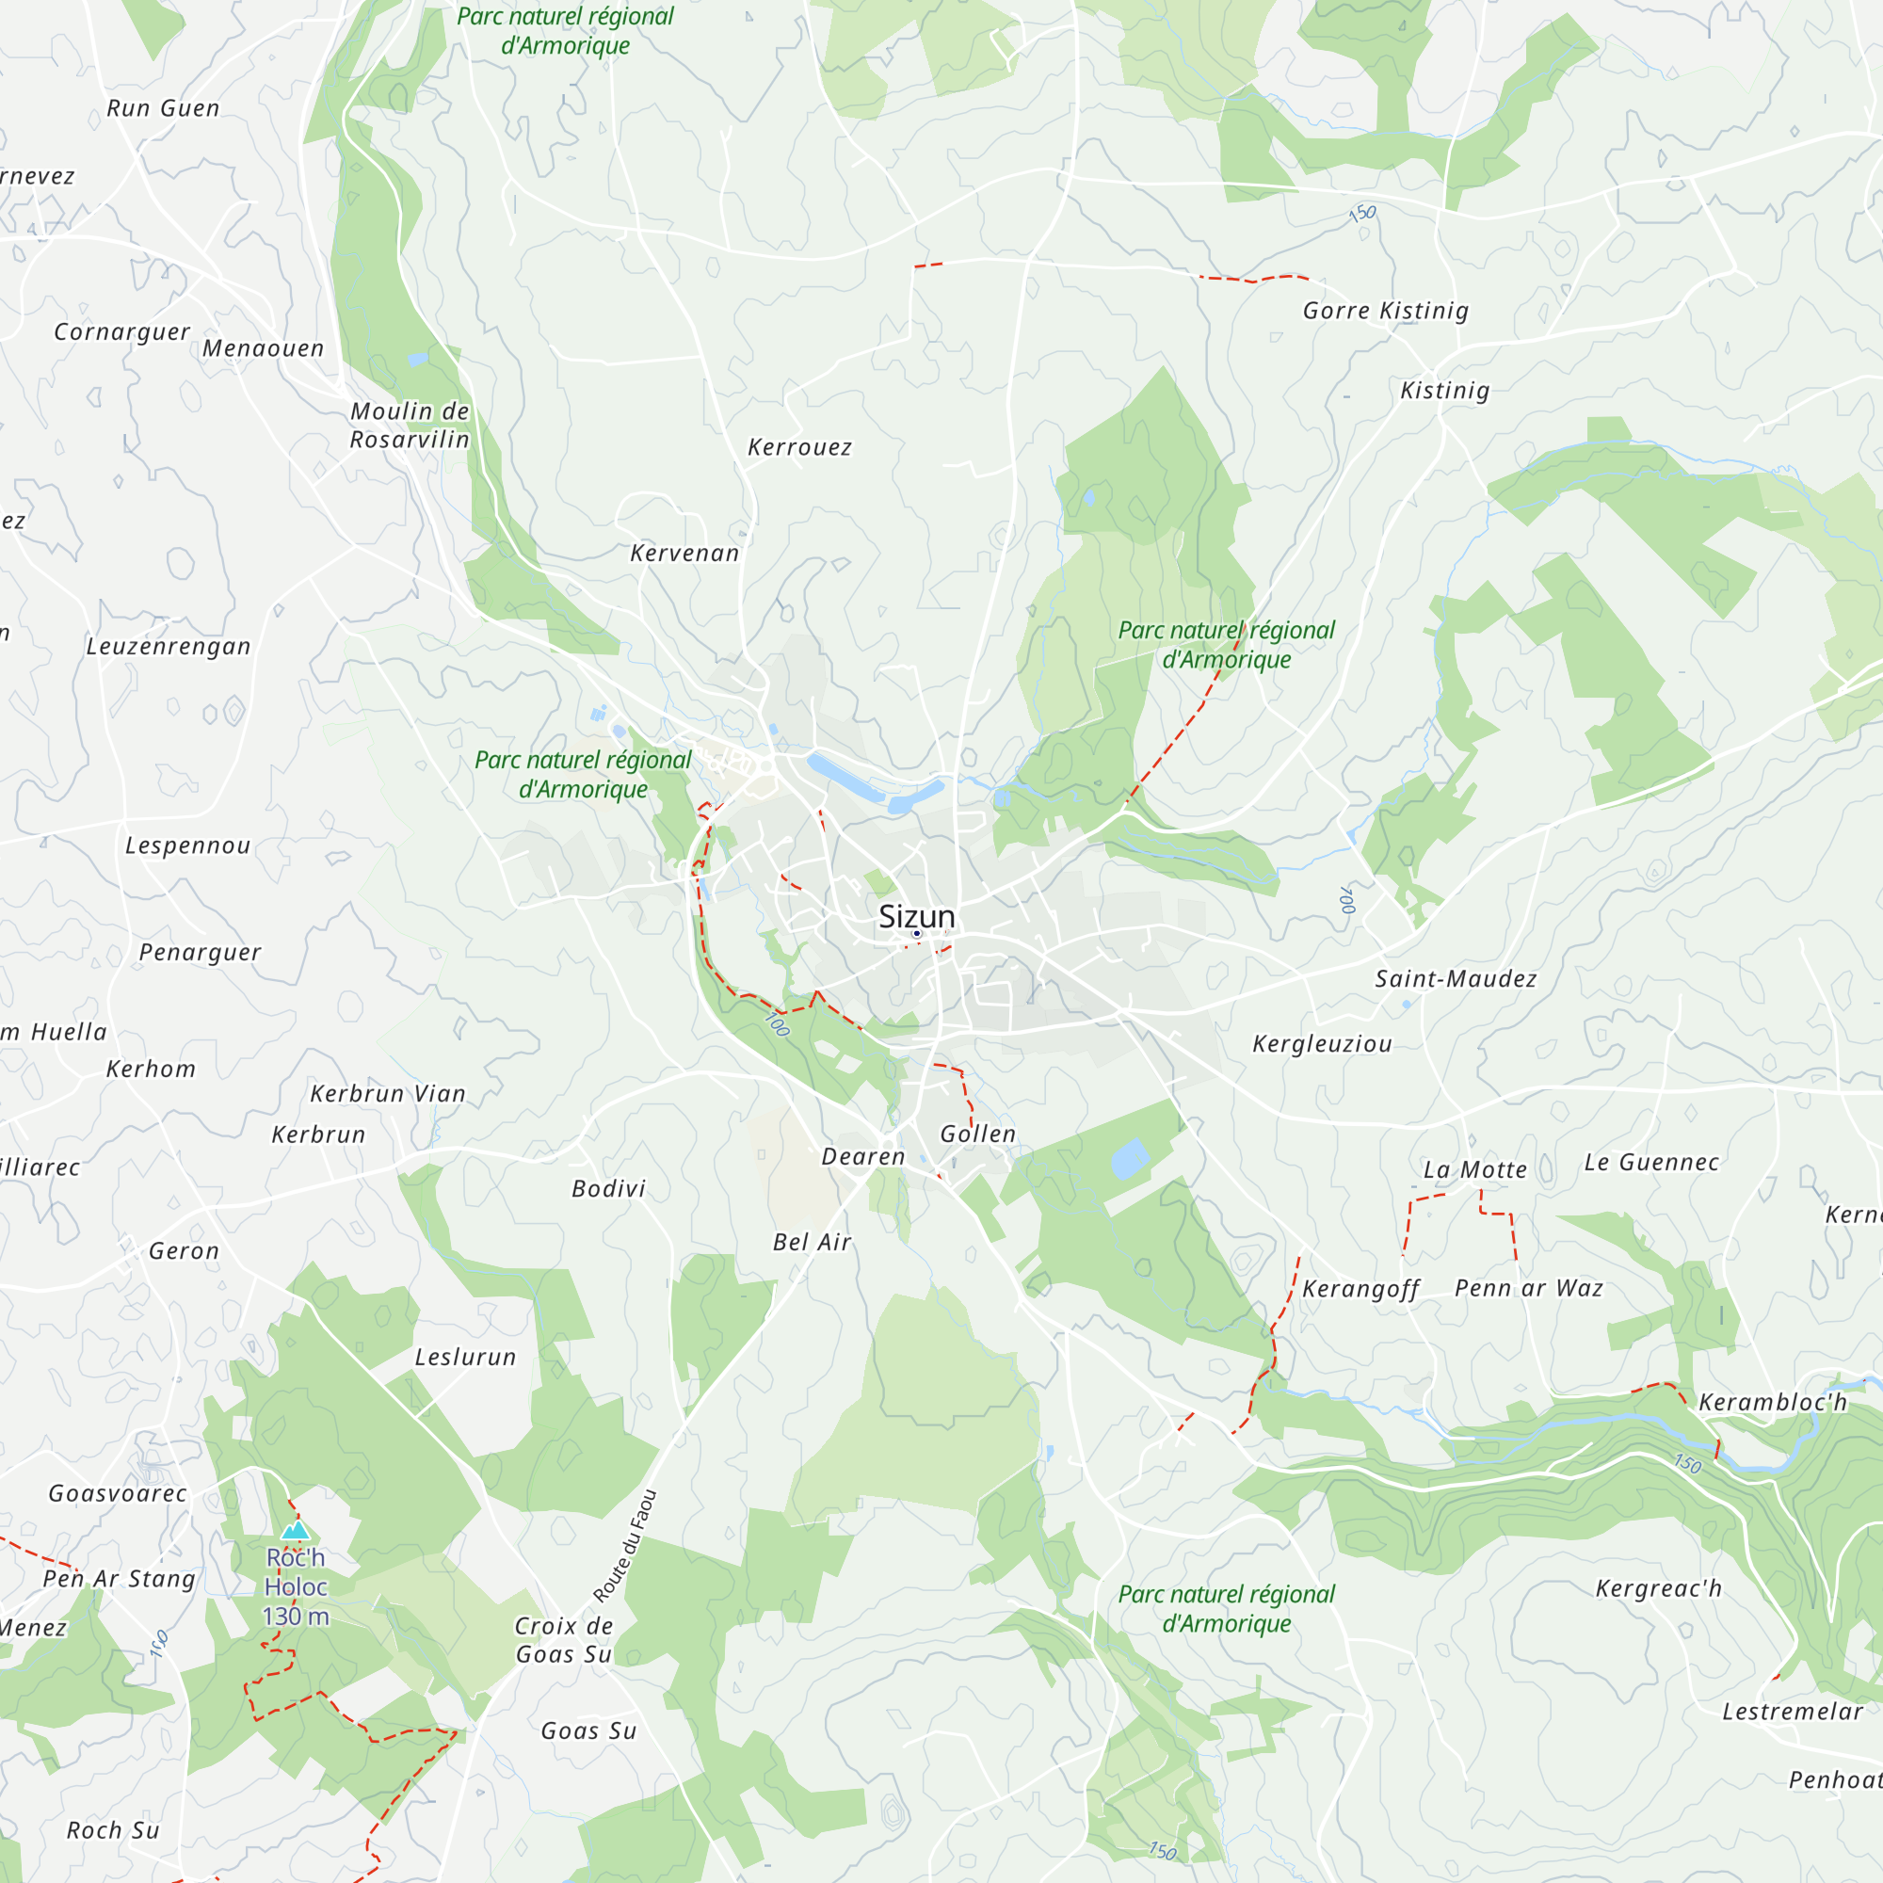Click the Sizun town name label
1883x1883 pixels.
click(x=916, y=916)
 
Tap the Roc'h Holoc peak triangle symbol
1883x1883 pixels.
click(x=296, y=1530)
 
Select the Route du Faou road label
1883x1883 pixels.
click(x=625, y=1547)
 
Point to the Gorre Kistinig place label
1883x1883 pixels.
click(x=1385, y=311)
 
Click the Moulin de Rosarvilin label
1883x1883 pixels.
click(x=410, y=425)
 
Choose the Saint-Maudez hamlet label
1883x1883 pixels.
click(x=1456, y=978)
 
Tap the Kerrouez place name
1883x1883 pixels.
click(x=799, y=447)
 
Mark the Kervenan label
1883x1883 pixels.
click(x=684, y=554)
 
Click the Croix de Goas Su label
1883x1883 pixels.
click(x=563, y=1639)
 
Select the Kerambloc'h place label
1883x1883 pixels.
click(x=1772, y=1403)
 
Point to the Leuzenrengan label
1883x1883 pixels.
click(x=168, y=646)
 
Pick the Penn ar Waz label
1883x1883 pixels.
click(x=1528, y=1289)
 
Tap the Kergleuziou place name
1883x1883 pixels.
click(x=1322, y=1044)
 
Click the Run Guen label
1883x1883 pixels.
click(x=163, y=108)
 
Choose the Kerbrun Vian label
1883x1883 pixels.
click(x=388, y=1093)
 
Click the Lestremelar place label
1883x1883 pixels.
click(x=1792, y=1712)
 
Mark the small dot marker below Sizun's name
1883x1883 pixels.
click(x=916, y=934)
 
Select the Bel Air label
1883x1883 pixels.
click(x=812, y=1242)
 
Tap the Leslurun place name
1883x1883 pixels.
click(x=465, y=1357)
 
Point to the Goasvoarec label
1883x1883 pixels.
click(x=117, y=1493)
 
